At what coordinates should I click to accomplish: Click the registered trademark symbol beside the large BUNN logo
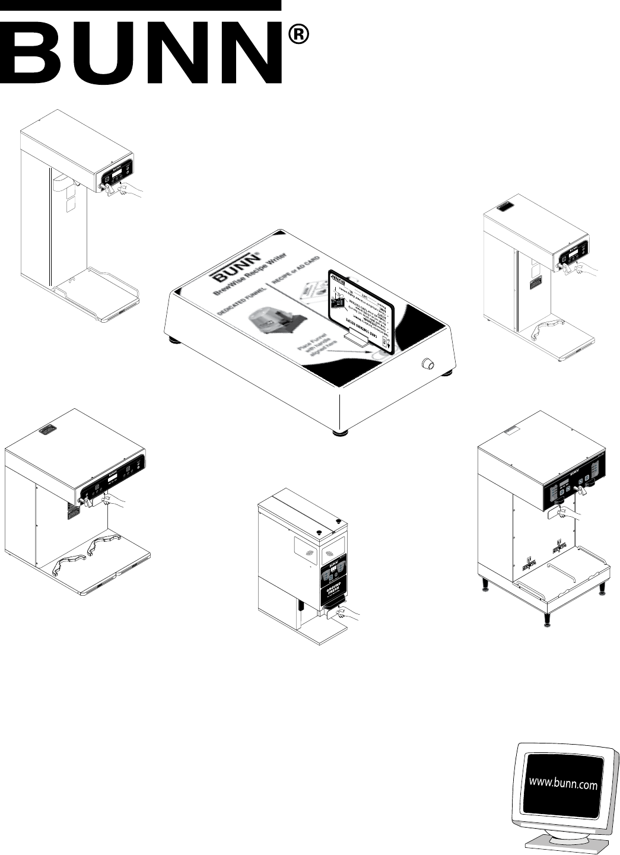[x=299, y=36]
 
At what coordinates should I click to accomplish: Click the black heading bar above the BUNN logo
[x=140, y=5]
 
